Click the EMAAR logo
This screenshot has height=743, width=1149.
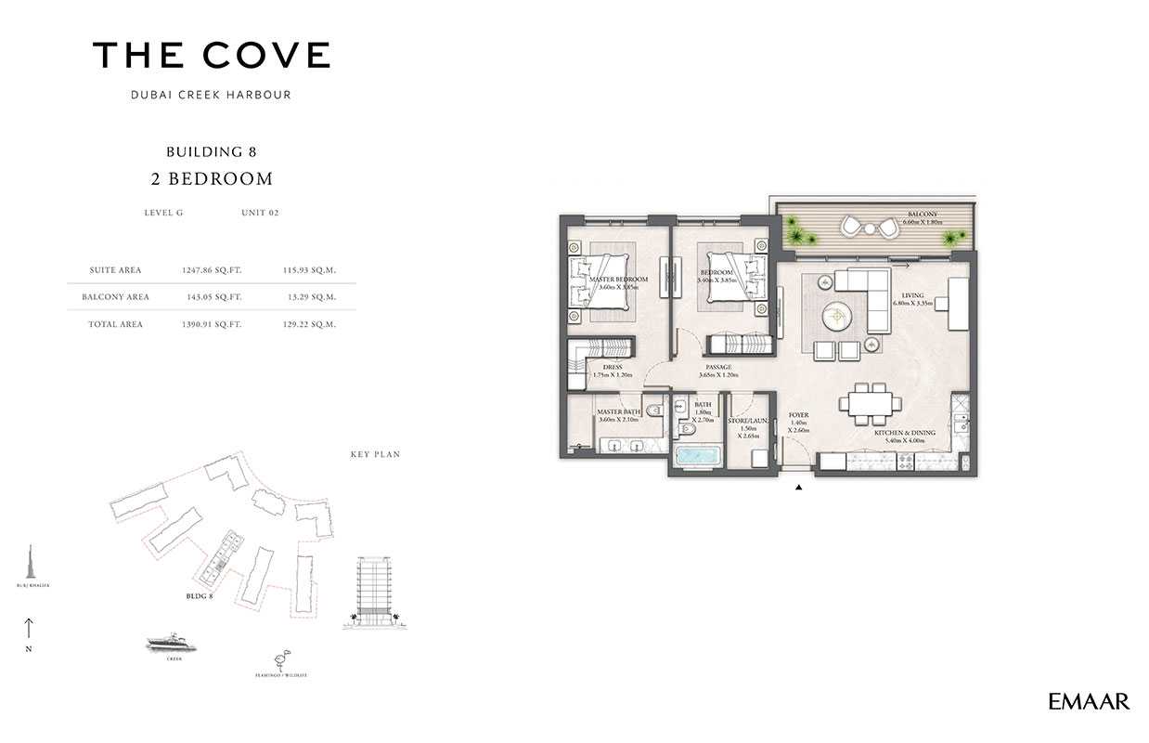pyautogui.click(x=1089, y=701)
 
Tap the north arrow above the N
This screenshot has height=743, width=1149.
pyautogui.click(x=29, y=628)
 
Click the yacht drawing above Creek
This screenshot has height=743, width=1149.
pyautogui.click(x=174, y=643)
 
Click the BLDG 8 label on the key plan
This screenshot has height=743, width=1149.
pyautogui.click(x=199, y=595)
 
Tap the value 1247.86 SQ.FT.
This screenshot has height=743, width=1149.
pyautogui.click(x=213, y=270)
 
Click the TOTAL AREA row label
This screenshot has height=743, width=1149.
pyautogui.click(x=116, y=324)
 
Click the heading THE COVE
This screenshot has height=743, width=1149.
pyautogui.click(x=211, y=56)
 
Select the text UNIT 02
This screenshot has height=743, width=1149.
pyautogui.click(x=260, y=213)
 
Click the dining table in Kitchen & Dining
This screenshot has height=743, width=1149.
pyautogui.click(x=870, y=403)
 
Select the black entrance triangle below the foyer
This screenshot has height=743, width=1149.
pyautogui.click(x=798, y=485)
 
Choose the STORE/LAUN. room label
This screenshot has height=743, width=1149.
pyautogui.click(x=748, y=421)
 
